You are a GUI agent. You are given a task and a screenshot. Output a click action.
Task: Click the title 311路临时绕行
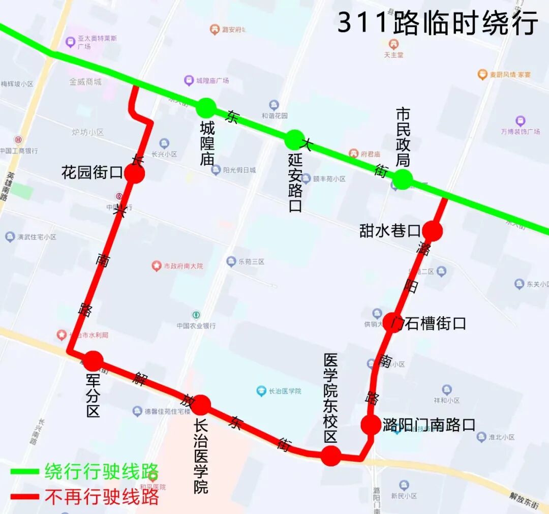(438, 23)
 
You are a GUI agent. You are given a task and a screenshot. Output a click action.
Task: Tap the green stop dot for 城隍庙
(206, 107)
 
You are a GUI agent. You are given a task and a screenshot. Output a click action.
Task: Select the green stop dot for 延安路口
(294, 140)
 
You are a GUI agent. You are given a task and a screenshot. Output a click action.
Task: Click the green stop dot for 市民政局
(403, 179)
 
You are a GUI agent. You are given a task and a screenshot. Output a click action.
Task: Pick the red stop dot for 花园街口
(135, 174)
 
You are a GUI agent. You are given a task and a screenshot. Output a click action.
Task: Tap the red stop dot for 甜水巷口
(433, 231)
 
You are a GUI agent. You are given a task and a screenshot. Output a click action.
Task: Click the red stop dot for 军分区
(94, 361)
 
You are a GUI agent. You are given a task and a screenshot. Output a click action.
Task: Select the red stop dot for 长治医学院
(201, 405)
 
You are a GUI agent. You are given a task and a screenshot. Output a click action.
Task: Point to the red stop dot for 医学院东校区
(331, 456)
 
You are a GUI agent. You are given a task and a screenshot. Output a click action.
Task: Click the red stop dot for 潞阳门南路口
(371, 425)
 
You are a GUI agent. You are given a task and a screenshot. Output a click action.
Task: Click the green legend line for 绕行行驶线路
(25, 472)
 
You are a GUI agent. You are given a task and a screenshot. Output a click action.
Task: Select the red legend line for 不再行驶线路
(25, 497)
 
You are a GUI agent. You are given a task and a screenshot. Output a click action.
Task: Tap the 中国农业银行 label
(196, 325)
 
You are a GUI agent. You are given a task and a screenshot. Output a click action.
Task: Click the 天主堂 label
(393, 54)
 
